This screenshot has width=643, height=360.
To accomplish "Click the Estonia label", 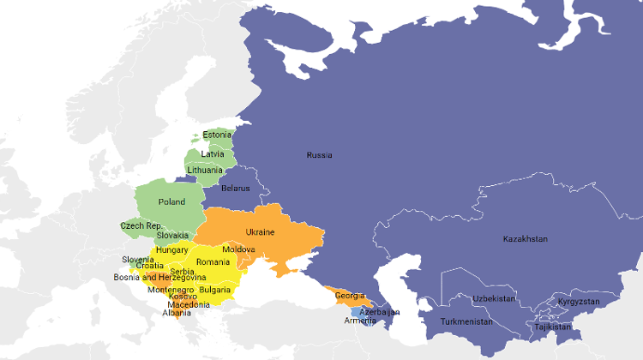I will point(217,135).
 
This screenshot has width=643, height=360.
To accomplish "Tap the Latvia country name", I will point(213,154).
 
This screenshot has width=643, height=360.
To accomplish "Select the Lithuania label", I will point(211,170).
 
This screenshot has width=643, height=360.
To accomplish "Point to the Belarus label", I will point(235,188).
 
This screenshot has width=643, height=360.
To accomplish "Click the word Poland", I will point(171,201).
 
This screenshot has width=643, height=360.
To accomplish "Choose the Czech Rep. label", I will point(141,225).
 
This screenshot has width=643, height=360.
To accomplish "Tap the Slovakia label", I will point(172,235).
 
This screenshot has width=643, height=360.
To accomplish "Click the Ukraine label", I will point(260,231).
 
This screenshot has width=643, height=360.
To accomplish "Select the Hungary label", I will point(171,249).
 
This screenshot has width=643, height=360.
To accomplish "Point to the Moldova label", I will point(238,249).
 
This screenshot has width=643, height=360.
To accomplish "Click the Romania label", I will point(213,261).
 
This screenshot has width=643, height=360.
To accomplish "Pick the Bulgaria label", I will point(214,290).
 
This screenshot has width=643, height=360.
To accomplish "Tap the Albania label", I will point(177,313).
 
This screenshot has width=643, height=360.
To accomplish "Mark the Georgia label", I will point(349,296).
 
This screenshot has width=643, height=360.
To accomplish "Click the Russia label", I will point(319,155).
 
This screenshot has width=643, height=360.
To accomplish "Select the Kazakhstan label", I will point(525,238).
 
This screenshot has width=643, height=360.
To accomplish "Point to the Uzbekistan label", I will point(494,298).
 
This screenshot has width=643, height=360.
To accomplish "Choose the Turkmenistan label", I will point(466,321).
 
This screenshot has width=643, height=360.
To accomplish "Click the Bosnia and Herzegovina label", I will point(159,278).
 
